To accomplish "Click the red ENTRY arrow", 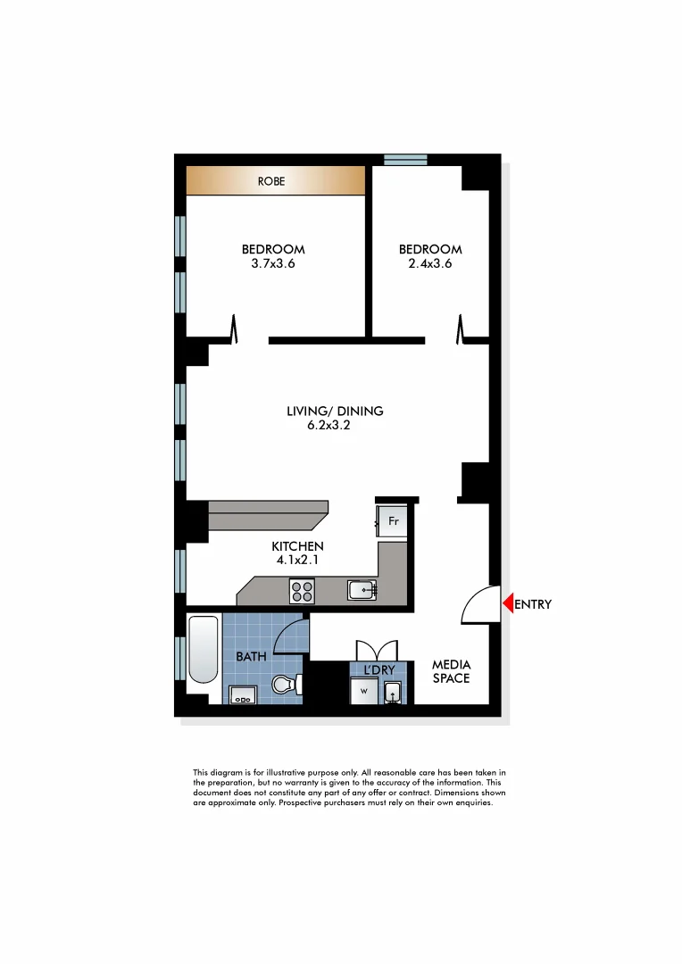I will pyautogui.click(x=507, y=604).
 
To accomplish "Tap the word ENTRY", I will pyautogui.click(x=533, y=604).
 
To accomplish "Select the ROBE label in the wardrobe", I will pyautogui.click(x=271, y=181).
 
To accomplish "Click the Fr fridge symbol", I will pyautogui.click(x=392, y=520).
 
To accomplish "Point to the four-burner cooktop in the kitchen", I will pyautogui.click(x=302, y=591).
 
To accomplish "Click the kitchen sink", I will pyautogui.click(x=362, y=589).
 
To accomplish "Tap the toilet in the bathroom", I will pyautogui.click(x=285, y=685).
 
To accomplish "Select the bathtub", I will pyautogui.click(x=204, y=649).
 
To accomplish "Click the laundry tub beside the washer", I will pyautogui.click(x=393, y=693).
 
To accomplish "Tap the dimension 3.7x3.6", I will pyautogui.click(x=274, y=263).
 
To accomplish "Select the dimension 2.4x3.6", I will pyautogui.click(x=430, y=263).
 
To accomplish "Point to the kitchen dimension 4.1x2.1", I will pyautogui.click(x=297, y=561).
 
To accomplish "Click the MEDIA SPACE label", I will pyautogui.click(x=451, y=671).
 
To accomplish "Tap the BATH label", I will pyautogui.click(x=251, y=657).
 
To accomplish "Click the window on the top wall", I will pyautogui.click(x=406, y=160).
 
